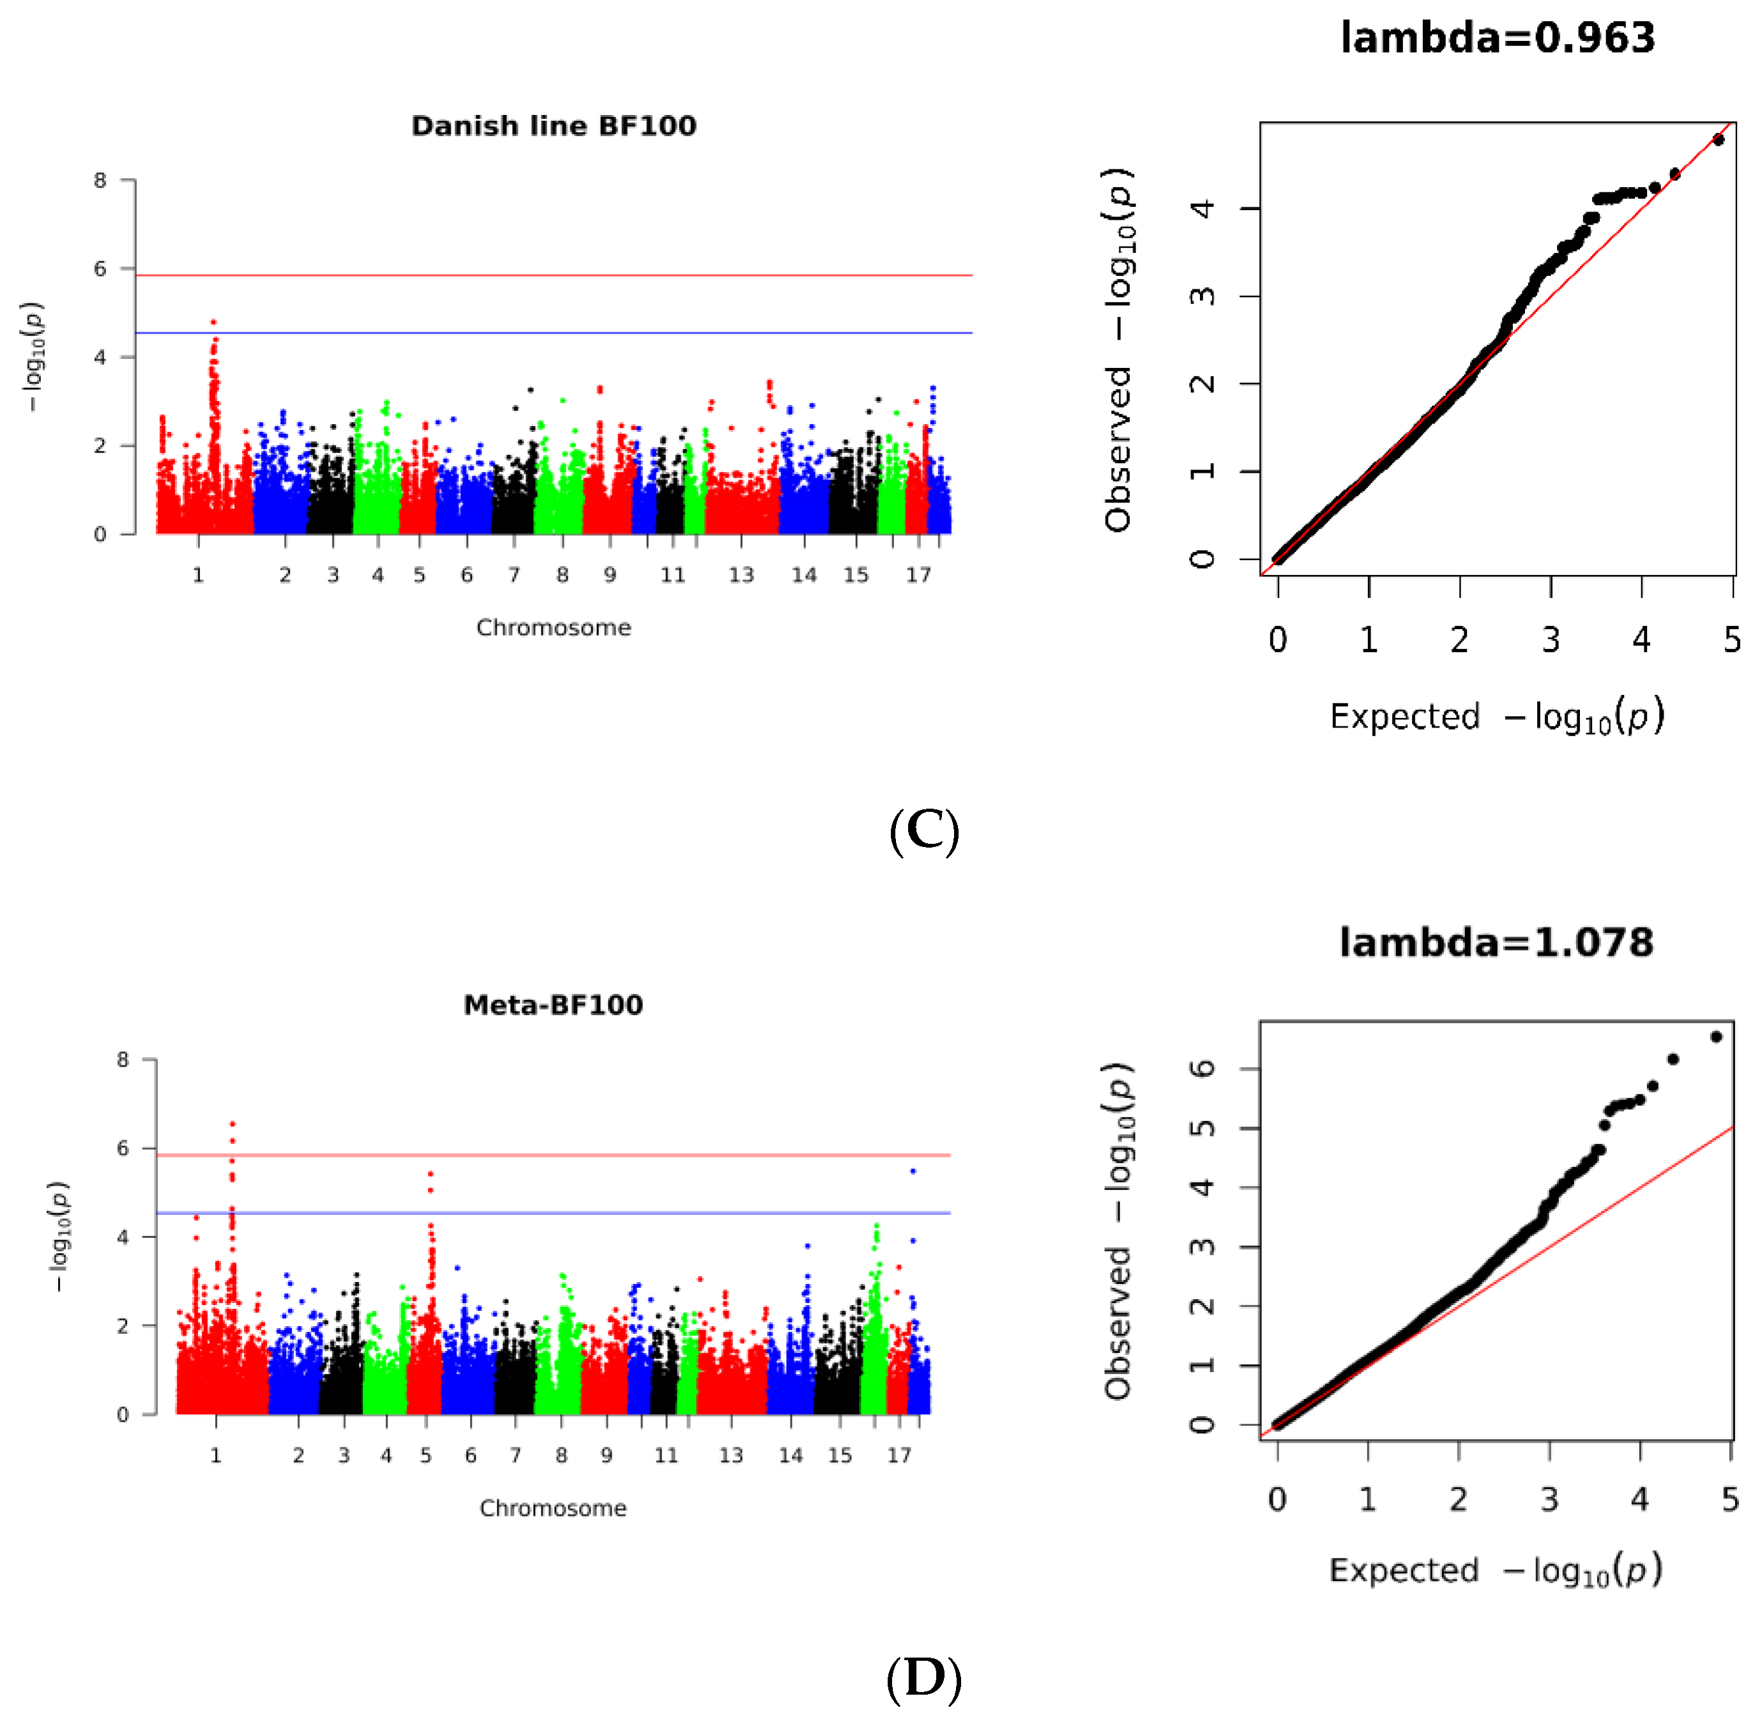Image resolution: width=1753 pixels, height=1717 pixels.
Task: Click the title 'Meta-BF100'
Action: coord(553,1005)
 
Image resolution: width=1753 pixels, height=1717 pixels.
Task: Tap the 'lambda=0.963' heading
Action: coord(1497,38)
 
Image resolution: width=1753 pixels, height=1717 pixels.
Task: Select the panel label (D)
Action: coord(923,1677)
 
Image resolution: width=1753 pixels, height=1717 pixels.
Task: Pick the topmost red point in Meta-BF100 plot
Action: coord(232,1124)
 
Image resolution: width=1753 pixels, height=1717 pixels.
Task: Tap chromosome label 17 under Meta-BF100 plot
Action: coord(899,1454)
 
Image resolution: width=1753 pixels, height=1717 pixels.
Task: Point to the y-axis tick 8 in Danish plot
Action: coord(100,180)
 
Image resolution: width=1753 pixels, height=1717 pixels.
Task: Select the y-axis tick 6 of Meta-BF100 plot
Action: coord(123,1148)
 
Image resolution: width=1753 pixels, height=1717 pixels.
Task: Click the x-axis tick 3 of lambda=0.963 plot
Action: coord(1550,640)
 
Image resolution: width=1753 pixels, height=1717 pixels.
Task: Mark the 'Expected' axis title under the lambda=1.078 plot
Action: coord(1404,1570)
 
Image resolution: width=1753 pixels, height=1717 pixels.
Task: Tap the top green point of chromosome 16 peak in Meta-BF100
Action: coord(876,1226)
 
